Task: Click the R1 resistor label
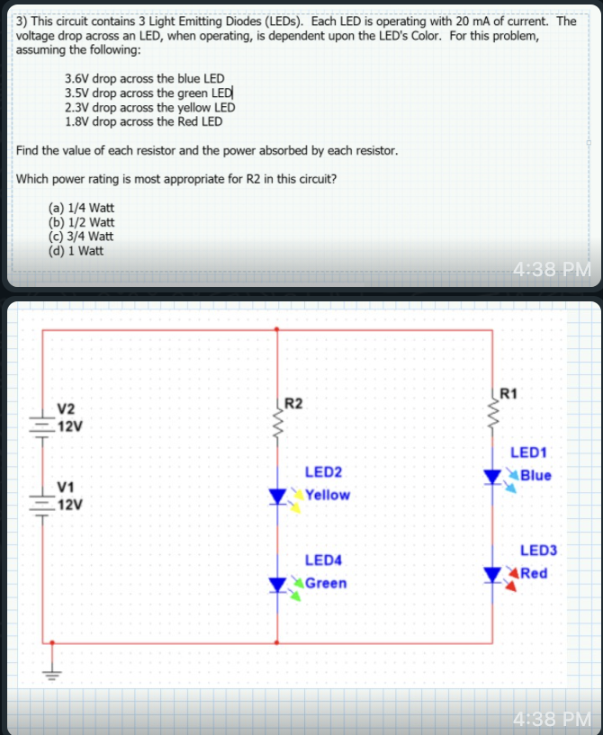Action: pyautogui.click(x=508, y=392)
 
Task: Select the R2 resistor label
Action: pyautogui.click(x=293, y=402)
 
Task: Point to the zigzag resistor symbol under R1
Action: pyautogui.click(x=492, y=412)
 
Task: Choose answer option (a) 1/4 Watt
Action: pyautogui.click(x=81, y=208)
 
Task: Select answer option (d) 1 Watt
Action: pyautogui.click(x=76, y=250)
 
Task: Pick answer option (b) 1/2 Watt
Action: pyautogui.click(x=81, y=222)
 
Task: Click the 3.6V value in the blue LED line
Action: pyautogui.click(x=76, y=79)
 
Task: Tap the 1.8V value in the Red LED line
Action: pyautogui.click(x=76, y=121)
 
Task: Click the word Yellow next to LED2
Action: pyautogui.click(x=328, y=495)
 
